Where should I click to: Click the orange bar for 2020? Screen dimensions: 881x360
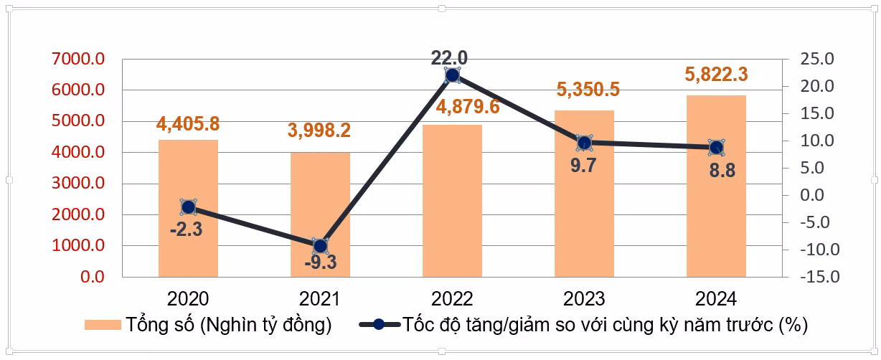188,208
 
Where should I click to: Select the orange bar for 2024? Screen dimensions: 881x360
716,186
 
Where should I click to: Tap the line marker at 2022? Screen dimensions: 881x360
452,75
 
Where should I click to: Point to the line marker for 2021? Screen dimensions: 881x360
320,246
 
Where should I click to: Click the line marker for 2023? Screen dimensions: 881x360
585,143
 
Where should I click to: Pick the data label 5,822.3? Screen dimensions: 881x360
716,75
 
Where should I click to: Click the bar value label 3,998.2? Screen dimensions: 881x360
319,130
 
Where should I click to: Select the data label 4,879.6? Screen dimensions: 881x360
468,107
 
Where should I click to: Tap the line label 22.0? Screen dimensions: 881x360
449,58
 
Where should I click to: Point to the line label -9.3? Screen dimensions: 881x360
321,262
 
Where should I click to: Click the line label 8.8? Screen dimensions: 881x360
722,171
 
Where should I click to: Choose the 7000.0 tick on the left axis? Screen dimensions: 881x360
78,59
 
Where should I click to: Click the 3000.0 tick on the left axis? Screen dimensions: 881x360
78,183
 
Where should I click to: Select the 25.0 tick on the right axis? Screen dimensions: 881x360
817,59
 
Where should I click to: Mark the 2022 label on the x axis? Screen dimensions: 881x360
452,299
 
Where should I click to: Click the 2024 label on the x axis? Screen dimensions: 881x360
716,299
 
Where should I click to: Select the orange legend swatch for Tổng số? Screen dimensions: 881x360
103,325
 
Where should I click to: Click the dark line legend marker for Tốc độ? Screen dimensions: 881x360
379,325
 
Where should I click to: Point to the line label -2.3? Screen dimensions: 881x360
186,229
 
